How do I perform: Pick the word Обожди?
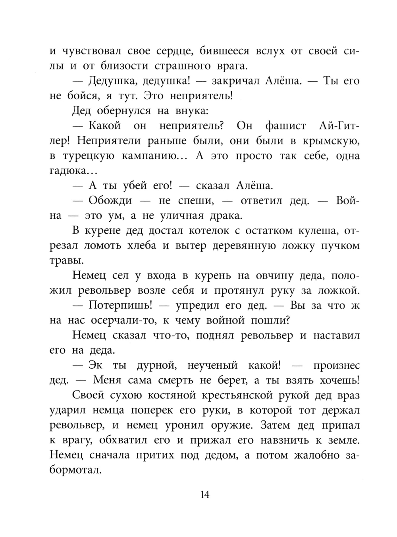click(110, 200)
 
